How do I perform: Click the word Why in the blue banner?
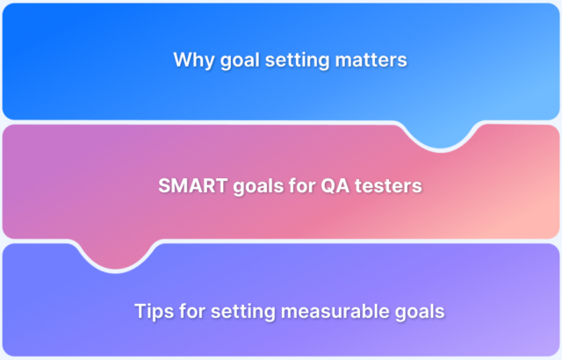(191, 61)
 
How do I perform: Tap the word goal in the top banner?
(235, 61)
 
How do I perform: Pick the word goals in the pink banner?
(252, 187)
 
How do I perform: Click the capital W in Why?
(182, 61)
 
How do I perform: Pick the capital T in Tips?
(140, 312)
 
